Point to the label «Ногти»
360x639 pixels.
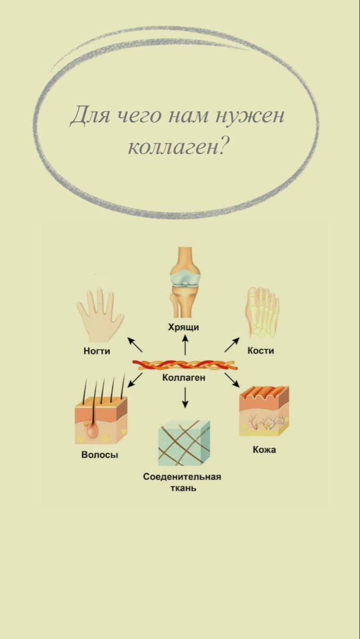coord(97,351)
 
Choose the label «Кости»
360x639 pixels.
coord(260,351)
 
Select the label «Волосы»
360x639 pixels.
coord(100,455)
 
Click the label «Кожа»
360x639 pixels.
coord(264,450)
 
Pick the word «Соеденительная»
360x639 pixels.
coord(182,476)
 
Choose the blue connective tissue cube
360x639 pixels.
coord(184,442)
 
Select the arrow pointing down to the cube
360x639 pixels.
coord(185,398)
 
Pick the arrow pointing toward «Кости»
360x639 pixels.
coord(232,345)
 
